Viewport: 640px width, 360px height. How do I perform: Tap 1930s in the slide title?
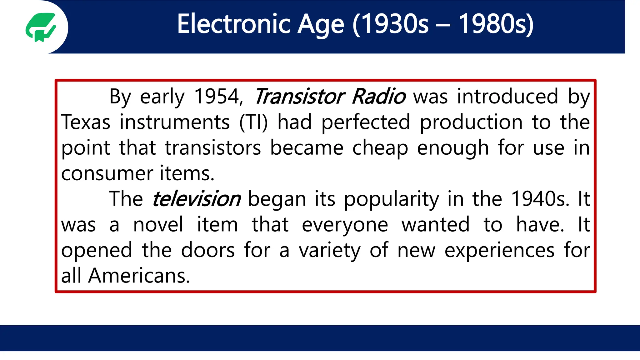391,24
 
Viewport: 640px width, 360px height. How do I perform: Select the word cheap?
380,148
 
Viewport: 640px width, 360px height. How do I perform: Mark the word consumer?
107,173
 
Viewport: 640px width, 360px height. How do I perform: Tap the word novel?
158,225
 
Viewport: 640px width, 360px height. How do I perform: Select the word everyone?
345,225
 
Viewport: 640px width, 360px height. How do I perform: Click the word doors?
208,250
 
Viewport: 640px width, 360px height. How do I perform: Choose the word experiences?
499,250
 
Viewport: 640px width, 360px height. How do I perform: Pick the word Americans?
139,276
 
